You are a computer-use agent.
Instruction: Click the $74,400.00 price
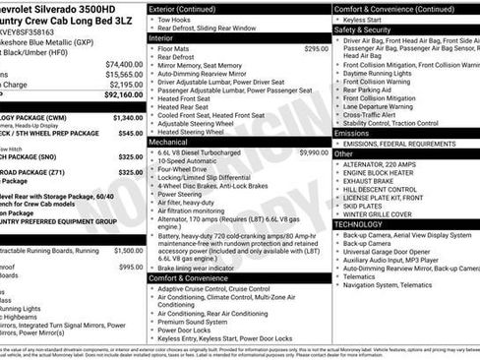coord(124,63)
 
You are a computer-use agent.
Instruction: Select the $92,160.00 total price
coord(124,95)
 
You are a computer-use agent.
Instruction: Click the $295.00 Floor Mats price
coord(316,48)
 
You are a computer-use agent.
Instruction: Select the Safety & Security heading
coord(363,30)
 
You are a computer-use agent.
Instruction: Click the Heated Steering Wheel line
coord(197,132)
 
